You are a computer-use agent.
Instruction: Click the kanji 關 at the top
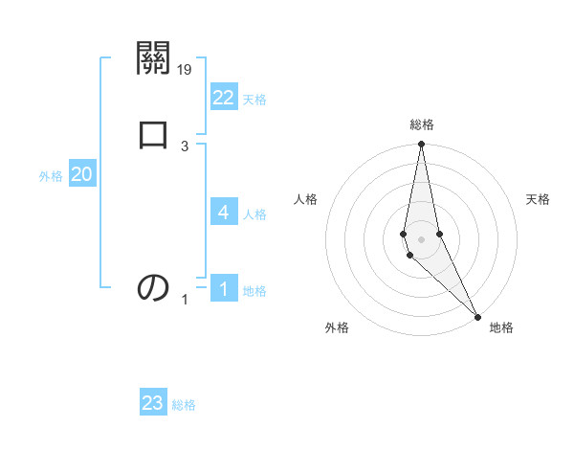tap(153, 59)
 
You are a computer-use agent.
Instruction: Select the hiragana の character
tap(153, 287)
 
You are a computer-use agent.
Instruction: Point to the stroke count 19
tap(185, 69)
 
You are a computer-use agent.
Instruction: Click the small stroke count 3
tap(185, 146)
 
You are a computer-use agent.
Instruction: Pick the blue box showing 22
tap(224, 98)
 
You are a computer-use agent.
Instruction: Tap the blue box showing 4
tap(224, 213)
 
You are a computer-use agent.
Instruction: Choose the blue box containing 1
tap(224, 289)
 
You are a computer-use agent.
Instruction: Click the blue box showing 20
tap(82, 174)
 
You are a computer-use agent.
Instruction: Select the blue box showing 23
tap(153, 403)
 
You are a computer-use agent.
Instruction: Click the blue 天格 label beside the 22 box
tap(254, 100)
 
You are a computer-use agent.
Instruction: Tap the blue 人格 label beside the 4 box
tap(254, 214)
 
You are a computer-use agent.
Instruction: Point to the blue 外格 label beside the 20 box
tap(51, 176)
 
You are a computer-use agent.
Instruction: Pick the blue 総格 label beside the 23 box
tap(184, 405)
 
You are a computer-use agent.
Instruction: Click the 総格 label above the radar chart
tap(422, 124)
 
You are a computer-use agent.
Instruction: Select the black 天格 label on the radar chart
tap(539, 199)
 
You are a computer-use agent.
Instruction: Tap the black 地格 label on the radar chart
tap(501, 327)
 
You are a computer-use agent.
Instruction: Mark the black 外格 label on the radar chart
tap(337, 327)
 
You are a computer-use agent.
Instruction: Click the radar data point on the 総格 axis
tap(421, 145)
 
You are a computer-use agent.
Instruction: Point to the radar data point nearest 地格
tap(477, 315)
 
